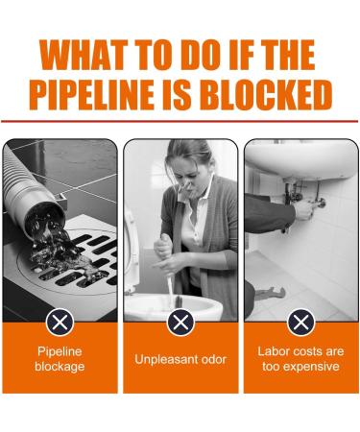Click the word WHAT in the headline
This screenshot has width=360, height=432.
[x=84, y=55]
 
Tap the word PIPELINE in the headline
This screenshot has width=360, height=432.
[x=90, y=94]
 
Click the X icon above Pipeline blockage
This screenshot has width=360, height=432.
[x=60, y=323]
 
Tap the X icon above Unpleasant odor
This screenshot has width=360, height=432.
[x=180, y=323]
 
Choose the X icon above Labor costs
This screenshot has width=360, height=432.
[x=300, y=323]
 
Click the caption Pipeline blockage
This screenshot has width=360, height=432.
[x=60, y=359]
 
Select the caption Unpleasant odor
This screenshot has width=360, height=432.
[x=180, y=359]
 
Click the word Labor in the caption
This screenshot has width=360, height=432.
[x=272, y=351]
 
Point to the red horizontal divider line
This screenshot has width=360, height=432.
[x=180, y=121]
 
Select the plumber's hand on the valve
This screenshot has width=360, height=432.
[x=304, y=208]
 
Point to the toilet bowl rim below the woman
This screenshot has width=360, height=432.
[x=173, y=306]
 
